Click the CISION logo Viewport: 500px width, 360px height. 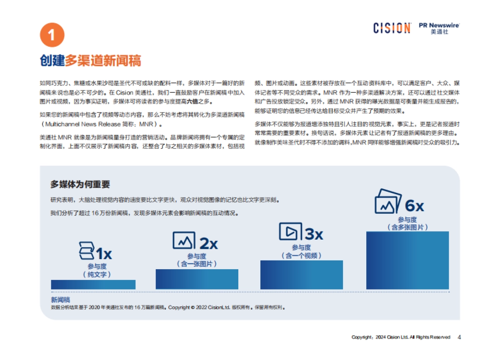392,28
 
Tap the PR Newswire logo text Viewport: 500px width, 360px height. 439,25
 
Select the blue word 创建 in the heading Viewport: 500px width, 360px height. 52,61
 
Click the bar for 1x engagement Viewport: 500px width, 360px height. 93,285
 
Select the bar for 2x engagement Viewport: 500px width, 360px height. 197,279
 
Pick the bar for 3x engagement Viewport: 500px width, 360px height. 302,275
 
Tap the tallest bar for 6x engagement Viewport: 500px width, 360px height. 407,260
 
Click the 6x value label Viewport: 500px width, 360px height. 414,206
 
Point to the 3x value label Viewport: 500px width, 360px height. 314,234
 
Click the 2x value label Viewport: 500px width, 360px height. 208,243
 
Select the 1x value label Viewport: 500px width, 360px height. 104,253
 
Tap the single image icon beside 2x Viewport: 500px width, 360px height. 184,240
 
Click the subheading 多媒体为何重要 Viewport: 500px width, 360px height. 80,184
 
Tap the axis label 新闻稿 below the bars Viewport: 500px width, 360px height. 61,300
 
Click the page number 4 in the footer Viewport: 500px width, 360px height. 459,337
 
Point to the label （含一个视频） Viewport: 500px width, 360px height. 302,255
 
